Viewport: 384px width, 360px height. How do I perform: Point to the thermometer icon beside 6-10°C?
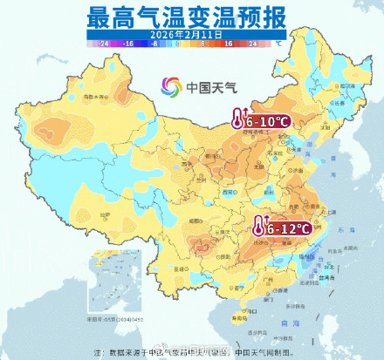(237, 119)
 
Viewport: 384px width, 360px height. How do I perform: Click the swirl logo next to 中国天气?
(170, 86)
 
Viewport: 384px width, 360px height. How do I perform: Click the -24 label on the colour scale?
(104, 42)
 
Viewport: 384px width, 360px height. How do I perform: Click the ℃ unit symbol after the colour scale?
(278, 41)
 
